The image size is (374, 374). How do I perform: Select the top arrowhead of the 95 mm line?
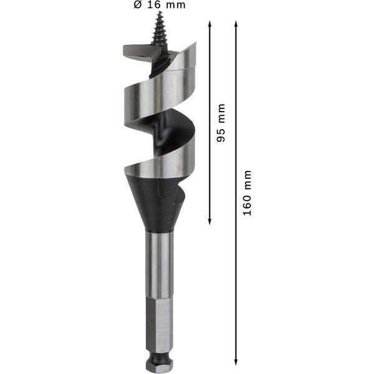209,23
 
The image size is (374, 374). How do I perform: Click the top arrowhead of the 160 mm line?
236,23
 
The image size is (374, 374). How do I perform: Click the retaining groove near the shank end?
161,353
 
